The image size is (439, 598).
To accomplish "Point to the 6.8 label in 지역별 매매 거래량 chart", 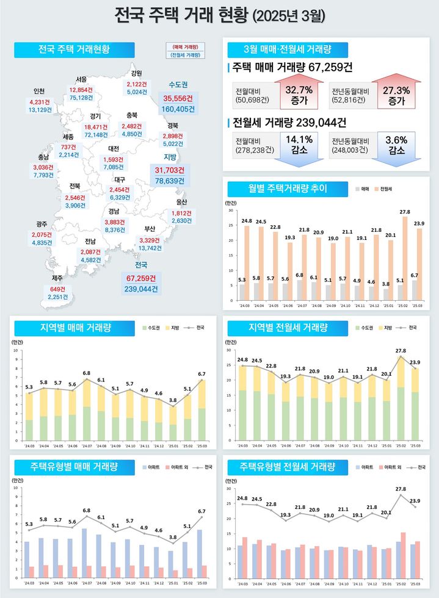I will pos(87,373).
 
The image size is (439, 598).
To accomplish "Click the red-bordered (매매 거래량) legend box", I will pos(185,46).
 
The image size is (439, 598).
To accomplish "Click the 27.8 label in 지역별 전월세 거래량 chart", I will pos(401,351).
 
